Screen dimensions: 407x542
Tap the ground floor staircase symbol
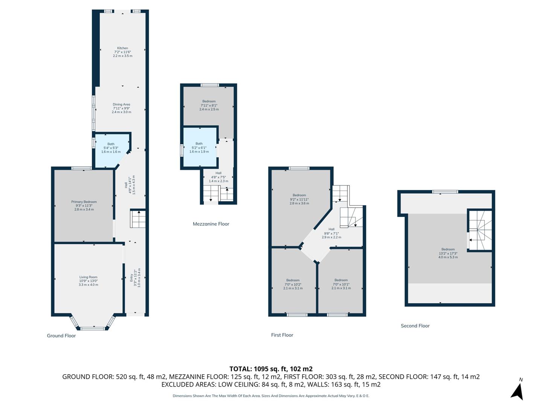point(138,219)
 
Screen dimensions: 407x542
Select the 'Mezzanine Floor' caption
point(211,224)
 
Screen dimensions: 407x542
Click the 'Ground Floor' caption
point(61,336)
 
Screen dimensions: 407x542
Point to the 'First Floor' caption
point(282,335)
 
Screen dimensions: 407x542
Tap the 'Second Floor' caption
point(415,326)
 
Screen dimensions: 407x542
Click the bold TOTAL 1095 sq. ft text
point(271,369)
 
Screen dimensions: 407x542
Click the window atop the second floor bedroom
point(445,192)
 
